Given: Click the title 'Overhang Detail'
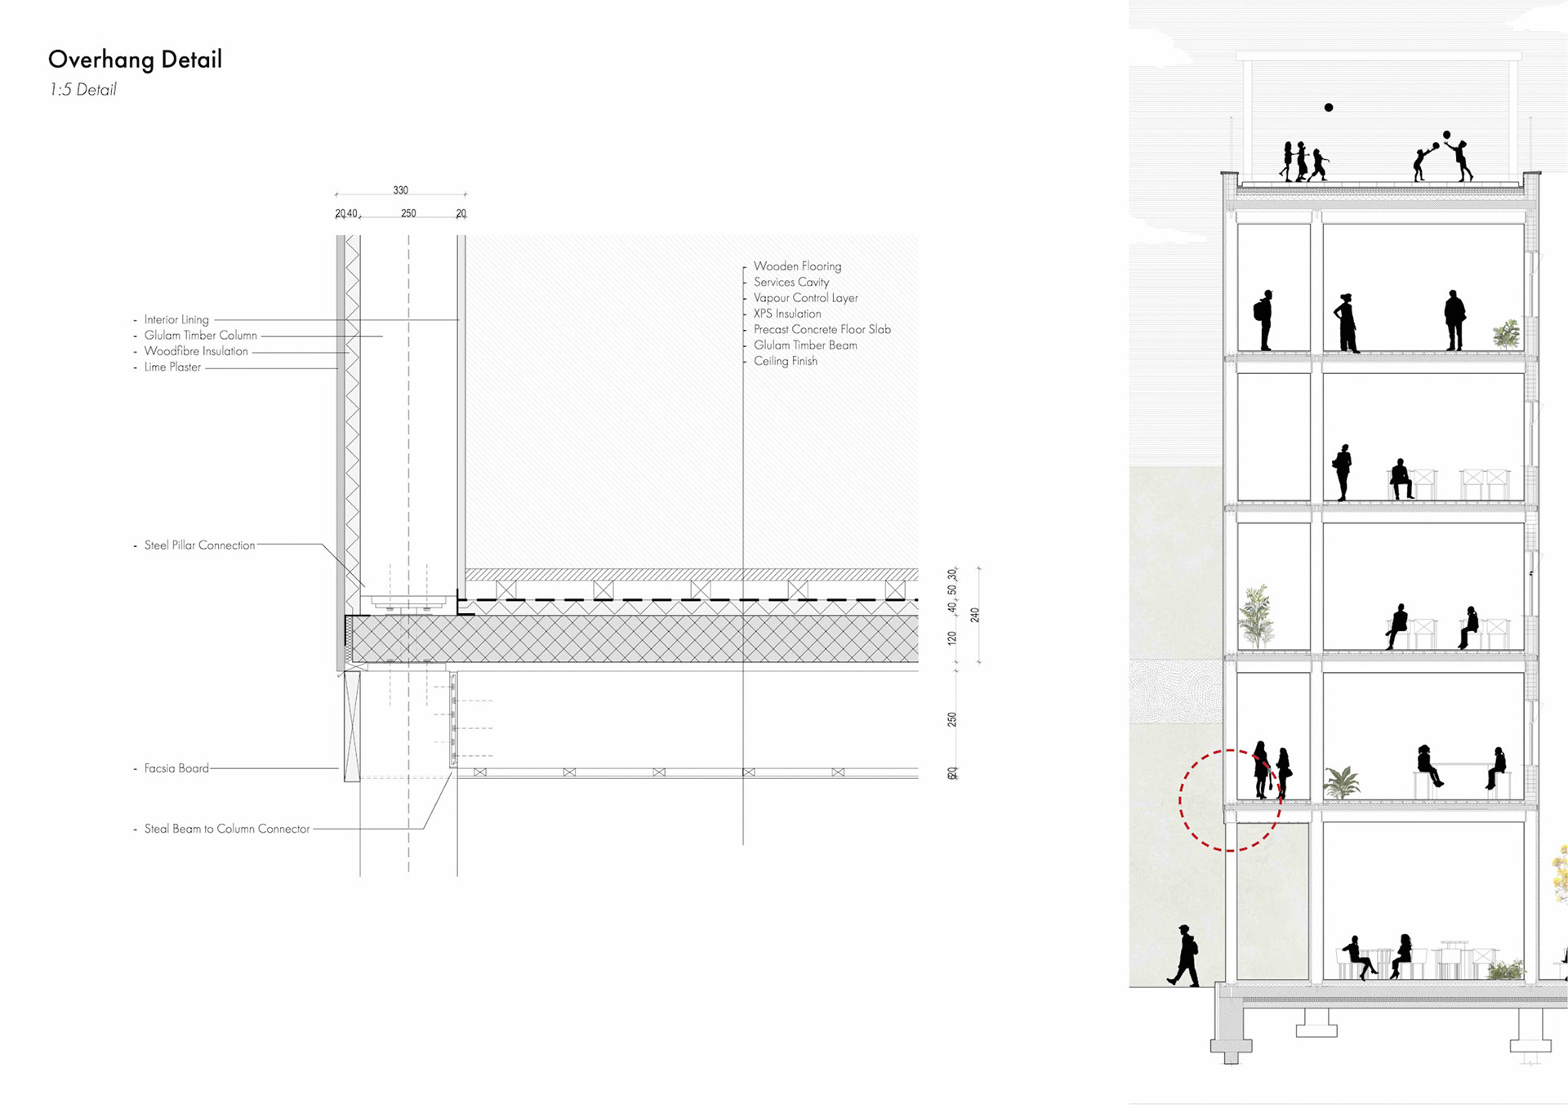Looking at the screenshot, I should click(x=135, y=60).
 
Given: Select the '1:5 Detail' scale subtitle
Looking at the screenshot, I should click(x=82, y=90).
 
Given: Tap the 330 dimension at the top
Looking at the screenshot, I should click(x=400, y=190).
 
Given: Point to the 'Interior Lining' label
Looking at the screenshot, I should click(x=176, y=320).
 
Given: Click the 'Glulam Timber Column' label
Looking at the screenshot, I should click(x=200, y=336).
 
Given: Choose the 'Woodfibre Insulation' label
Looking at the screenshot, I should click(x=196, y=351).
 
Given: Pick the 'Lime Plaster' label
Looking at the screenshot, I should click(x=172, y=367).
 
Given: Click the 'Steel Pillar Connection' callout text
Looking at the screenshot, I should click(x=199, y=545).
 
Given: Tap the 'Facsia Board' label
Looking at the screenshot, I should click(x=176, y=768).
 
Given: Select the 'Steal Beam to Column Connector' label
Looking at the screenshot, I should click(x=227, y=829).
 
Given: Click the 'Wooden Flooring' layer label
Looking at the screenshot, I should click(x=797, y=266).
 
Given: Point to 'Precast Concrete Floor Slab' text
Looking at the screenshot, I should click(x=822, y=330).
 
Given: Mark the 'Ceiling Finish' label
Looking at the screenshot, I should click(x=785, y=361).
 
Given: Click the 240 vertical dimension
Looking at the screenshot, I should click(x=974, y=615).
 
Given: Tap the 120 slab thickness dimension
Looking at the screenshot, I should click(x=952, y=638).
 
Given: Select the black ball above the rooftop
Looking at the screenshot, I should click(x=1329, y=108).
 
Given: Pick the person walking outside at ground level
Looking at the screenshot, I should click(x=1184, y=955).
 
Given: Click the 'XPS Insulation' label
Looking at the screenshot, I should click(x=787, y=314).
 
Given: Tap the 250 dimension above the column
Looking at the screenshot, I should click(x=408, y=213).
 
